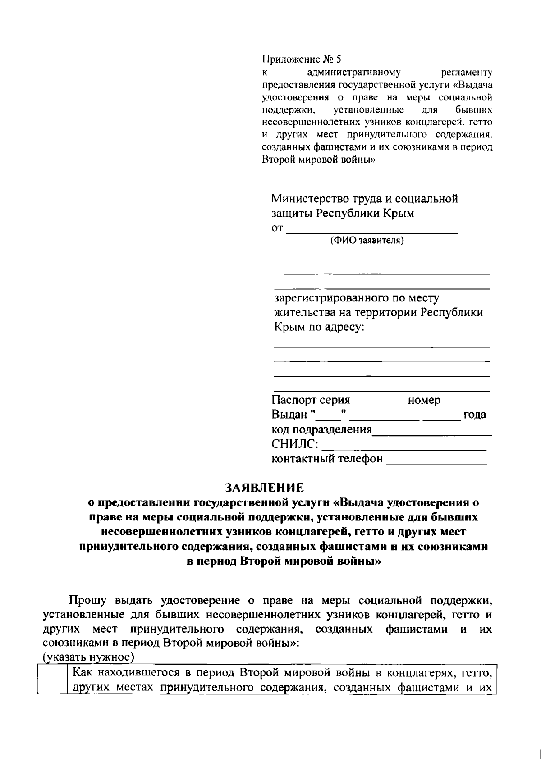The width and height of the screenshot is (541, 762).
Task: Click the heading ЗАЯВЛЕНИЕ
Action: click(265, 487)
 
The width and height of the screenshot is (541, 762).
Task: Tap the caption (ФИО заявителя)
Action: click(367, 241)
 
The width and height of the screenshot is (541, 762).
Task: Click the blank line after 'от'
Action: click(372, 231)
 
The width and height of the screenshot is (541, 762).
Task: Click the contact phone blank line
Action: click(437, 461)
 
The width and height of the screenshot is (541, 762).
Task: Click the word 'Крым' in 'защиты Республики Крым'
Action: click(399, 214)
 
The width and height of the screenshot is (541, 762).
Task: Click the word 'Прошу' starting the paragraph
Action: click(87, 601)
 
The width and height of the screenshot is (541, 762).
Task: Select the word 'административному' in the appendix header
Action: click(354, 72)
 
